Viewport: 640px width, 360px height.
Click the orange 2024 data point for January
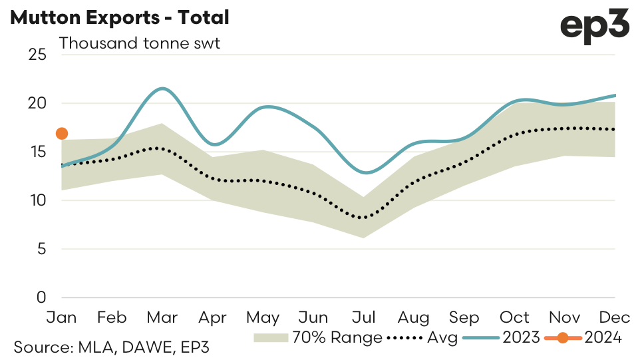coord(62,133)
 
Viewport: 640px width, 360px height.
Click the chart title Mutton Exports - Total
coord(120,18)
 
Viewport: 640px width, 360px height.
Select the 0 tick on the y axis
coord(41,297)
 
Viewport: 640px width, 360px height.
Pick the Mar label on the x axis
coord(162,317)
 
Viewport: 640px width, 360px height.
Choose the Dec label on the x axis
coord(614,317)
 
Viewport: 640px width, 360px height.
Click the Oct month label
coord(514,317)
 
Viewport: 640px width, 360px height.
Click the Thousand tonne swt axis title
coord(140,44)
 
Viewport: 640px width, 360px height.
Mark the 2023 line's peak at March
coord(162,88)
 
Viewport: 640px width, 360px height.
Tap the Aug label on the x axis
coord(414,317)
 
